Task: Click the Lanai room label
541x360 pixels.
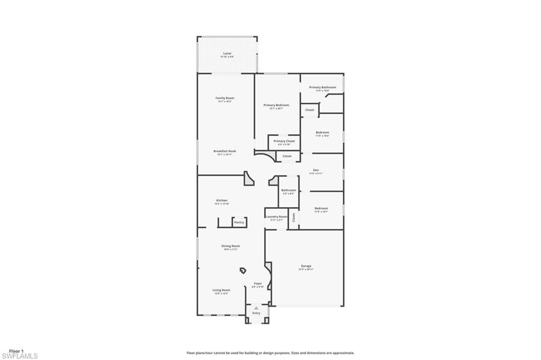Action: coord(227,54)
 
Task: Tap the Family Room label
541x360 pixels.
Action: coord(225,98)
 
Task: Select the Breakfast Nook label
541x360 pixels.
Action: coord(225,151)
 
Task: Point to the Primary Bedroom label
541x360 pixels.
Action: coord(276,105)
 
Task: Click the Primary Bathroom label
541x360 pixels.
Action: coord(322,87)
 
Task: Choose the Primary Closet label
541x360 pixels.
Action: coord(284,141)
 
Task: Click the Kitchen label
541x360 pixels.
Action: coord(222,200)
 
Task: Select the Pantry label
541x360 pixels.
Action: coord(239,222)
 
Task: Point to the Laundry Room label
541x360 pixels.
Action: coord(276,216)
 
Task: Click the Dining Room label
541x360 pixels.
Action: coord(230,246)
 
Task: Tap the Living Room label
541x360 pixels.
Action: coord(221,290)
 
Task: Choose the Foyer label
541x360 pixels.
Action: coord(258,284)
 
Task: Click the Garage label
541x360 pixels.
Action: coord(306,266)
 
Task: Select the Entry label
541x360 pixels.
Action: coord(256,313)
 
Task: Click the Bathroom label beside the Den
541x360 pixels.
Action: coord(288,190)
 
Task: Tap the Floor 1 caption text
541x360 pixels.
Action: coord(16,351)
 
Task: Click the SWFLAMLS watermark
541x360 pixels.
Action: coord(19,356)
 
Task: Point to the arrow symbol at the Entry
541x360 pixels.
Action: coord(256,307)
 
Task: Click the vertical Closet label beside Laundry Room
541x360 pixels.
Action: coord(294,217)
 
